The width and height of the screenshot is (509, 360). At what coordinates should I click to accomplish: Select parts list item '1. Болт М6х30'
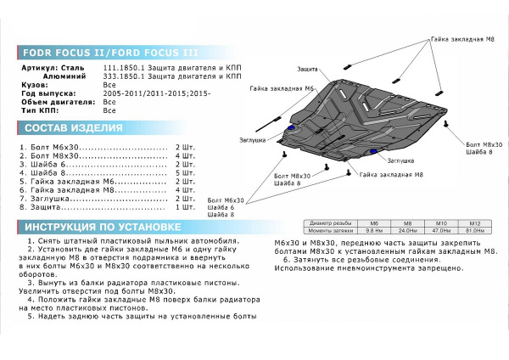51,148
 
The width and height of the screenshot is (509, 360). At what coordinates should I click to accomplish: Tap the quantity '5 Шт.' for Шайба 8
184,173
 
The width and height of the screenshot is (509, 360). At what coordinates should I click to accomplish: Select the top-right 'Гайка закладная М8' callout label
462,40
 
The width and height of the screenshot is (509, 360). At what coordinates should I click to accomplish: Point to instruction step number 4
31,301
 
